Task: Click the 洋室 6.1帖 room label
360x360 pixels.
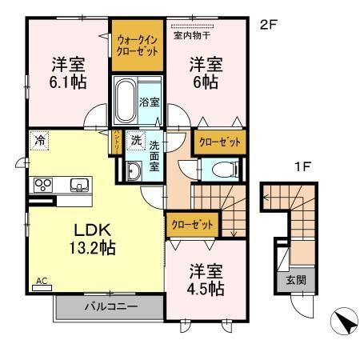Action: click(69, 73)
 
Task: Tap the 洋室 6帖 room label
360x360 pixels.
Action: click(205, 73)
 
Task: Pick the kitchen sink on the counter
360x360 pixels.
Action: click(79, 186)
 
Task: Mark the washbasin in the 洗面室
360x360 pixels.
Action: click(131, 170)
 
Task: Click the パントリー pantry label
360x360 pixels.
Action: click(117, 142)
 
